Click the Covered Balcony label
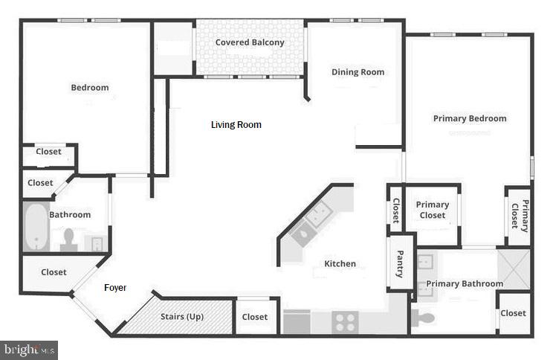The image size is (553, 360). click(x=250, y=42)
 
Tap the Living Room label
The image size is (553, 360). click(x=236, y=125)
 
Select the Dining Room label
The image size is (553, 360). click(x=358, y=72)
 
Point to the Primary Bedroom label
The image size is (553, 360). click(x=470, y=118)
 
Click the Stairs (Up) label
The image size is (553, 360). click(x=182, y=317)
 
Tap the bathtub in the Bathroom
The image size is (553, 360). click(x=35, y=227)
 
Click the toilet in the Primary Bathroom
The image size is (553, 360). click(x=425, y=319)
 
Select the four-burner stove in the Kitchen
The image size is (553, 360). click(x=345, y=323)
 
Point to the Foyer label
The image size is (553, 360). click(x=114, y=287)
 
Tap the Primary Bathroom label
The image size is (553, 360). click(x=465, y=283)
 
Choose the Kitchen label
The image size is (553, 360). click(x=340, y=263)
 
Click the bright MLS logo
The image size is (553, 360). click(x=30, y=349)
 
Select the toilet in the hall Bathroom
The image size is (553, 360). click(x=69, y=238)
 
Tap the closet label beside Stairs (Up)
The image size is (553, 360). click(x=255, y=317)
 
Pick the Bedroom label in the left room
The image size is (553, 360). click(x=90, y=88)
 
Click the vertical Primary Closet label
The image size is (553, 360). click(x=519, y=216)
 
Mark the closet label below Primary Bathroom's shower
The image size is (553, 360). click(x=513, y=313)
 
